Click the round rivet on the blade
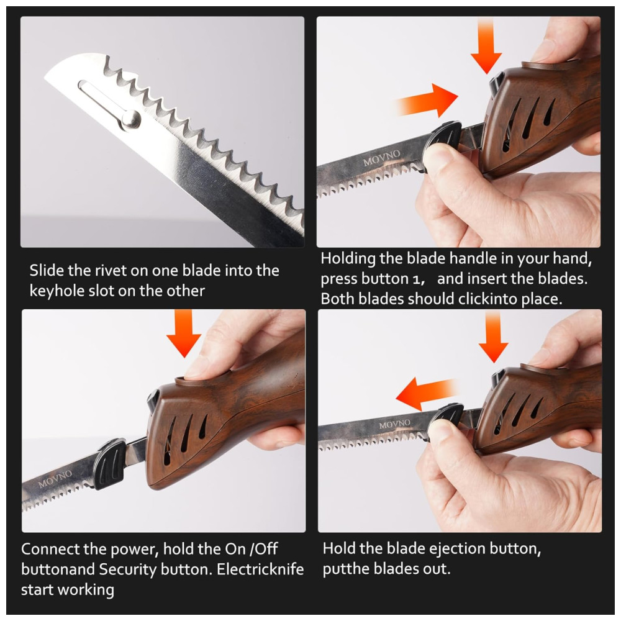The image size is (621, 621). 131,119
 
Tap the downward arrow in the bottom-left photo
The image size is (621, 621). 184,335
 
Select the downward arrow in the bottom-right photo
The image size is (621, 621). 494,339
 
